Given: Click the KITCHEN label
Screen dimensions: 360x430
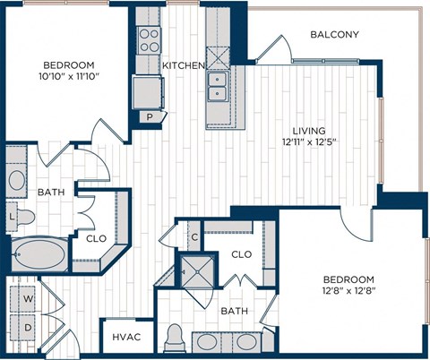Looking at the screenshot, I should (183, 66).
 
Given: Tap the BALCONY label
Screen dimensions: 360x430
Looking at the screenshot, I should (334, 35).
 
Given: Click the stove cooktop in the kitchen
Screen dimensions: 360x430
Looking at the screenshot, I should (148, 39).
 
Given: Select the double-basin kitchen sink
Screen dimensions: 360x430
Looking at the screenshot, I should (217, 86).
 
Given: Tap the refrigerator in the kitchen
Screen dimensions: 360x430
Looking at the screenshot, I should (146, 90).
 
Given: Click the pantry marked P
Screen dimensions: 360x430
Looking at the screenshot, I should (149, 117).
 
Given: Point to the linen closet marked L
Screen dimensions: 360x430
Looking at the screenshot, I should (11, 217).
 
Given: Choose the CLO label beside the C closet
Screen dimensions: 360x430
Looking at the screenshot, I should (242, 253).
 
